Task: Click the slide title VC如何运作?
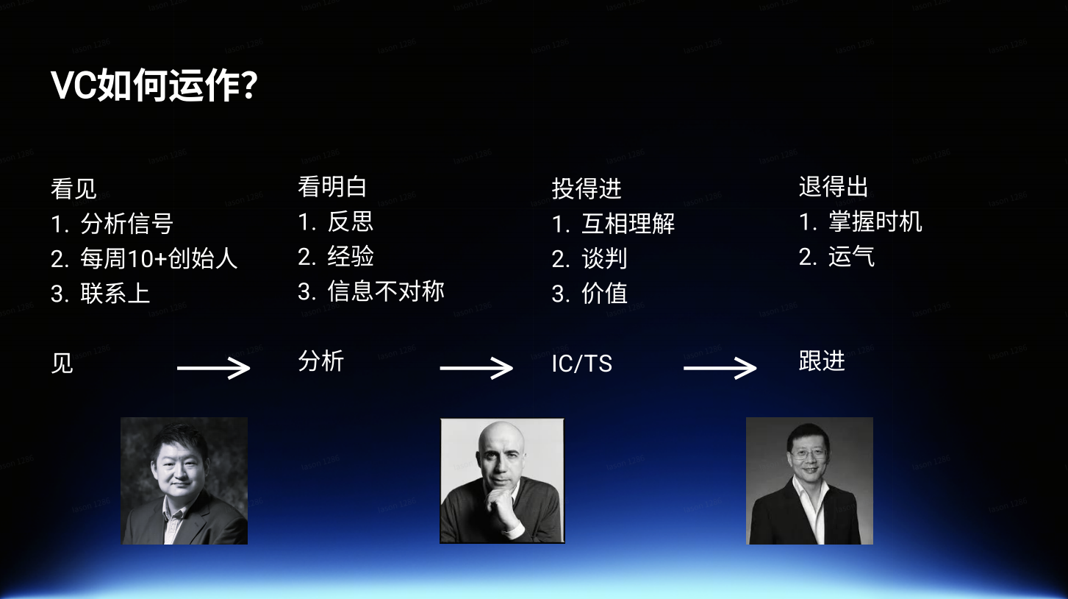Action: point(154,85)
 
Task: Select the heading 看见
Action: point(74,188)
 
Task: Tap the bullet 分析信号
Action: point(126,224)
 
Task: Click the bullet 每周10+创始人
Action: point(158,258)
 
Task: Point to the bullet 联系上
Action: point(115,293)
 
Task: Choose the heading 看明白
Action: point(332,186)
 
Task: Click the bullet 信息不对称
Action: point(386,291)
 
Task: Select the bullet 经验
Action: point(351,256)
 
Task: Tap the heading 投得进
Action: point(587,188)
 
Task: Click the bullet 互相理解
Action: point(628,224)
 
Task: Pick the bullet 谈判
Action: point(604,258)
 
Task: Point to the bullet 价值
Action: point(604,293)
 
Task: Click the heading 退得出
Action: point(834,186)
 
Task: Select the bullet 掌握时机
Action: point(875,221)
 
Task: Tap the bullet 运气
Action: point(852,256)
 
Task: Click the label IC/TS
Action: point(581,364)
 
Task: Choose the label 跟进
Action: point(822,361)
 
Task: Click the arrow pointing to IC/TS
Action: point(476,368)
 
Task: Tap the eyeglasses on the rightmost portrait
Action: point(809,454)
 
